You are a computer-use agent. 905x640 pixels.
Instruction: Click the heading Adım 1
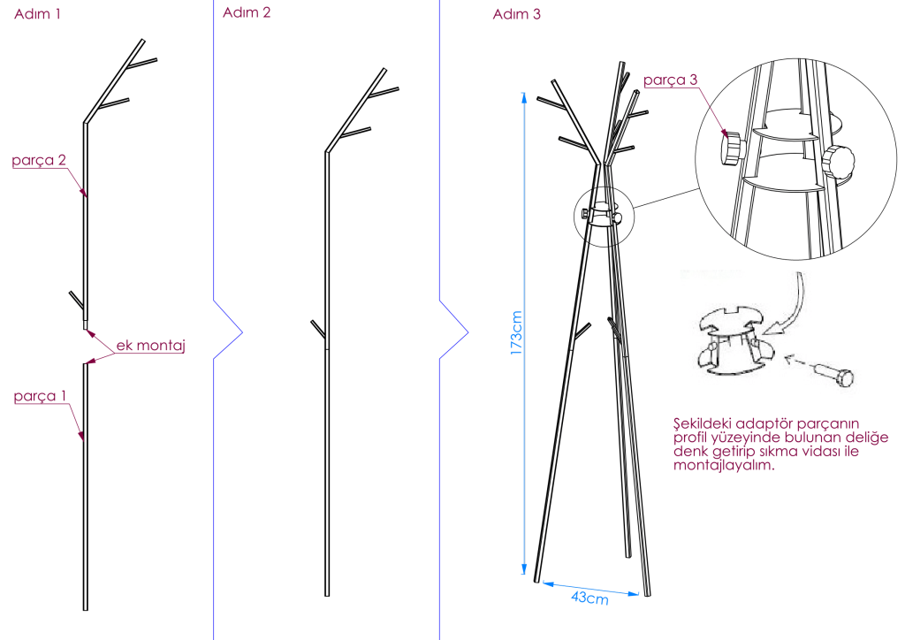point(37,14)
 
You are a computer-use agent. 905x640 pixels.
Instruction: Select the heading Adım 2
point(247,12)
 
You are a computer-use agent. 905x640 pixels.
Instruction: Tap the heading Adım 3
point(516,14)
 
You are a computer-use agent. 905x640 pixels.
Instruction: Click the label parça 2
point(39,160)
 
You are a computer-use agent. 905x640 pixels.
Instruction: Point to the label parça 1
point(40,396)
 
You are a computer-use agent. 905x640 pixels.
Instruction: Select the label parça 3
point(670,80)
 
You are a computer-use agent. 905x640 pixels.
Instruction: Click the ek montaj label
point(150,345)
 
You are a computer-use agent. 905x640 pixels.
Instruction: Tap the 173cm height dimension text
point(516,333)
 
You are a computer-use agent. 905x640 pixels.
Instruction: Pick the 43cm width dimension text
point(589,598)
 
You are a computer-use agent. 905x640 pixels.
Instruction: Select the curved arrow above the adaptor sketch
point(788,304)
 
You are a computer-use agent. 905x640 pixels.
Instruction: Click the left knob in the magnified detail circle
point(731,149)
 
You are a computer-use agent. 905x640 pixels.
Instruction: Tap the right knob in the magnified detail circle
point(839,162)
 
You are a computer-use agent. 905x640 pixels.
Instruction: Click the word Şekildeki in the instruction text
point(702,423)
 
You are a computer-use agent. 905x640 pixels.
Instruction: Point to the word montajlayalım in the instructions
point(724,465)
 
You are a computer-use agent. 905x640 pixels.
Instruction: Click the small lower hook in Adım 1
point(76,300)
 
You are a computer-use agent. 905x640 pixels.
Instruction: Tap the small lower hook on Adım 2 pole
point(318,330)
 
